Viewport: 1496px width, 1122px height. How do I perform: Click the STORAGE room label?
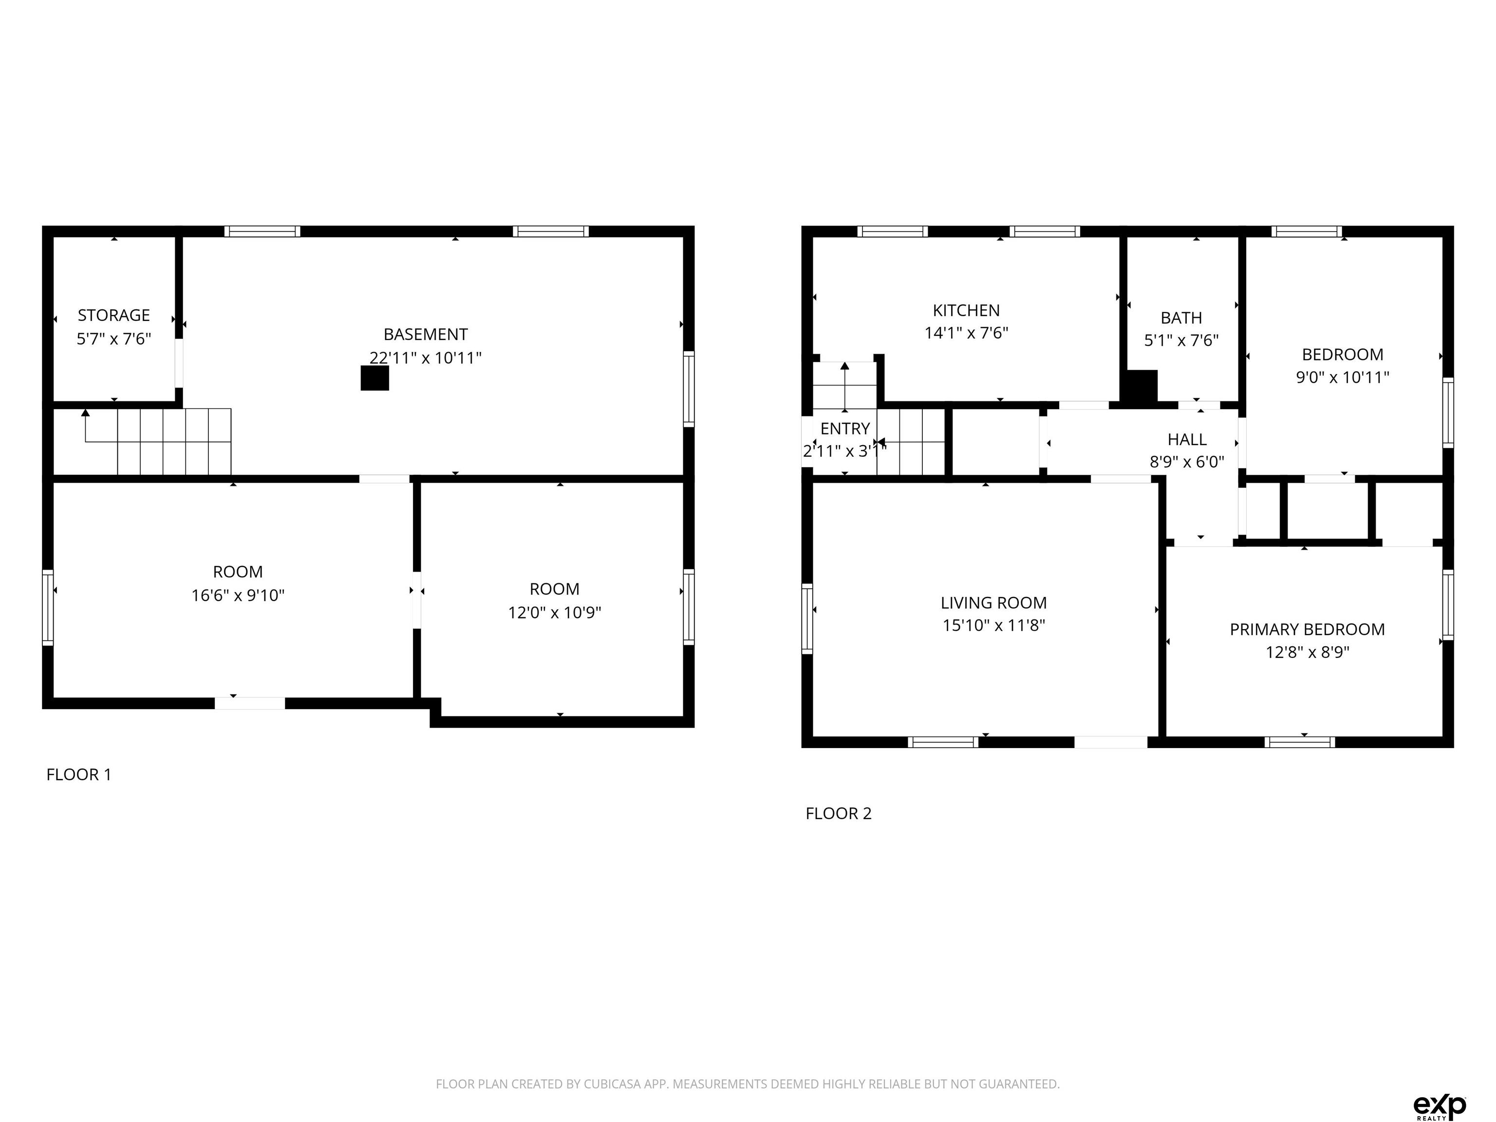[113, 315]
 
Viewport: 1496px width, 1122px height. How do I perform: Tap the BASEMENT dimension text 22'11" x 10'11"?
[426, 358]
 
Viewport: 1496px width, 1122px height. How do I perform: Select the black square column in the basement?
[374, 378]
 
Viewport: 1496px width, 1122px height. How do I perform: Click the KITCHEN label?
[966, 310]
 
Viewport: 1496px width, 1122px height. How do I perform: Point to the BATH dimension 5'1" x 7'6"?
[1181, 340]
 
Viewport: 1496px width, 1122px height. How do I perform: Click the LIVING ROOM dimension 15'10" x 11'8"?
[993, 625]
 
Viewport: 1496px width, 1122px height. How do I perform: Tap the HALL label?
[1187, 440]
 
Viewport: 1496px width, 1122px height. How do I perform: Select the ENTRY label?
[845, 429]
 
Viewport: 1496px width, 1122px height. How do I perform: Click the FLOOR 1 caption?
[78, 774]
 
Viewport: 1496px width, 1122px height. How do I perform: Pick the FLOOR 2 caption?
[839, 813]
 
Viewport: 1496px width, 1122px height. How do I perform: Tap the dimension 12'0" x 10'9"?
[555, 612]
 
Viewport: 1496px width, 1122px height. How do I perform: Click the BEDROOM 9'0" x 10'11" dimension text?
[1343, 377]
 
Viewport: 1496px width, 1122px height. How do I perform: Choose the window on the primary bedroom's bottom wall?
[1299, 742]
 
